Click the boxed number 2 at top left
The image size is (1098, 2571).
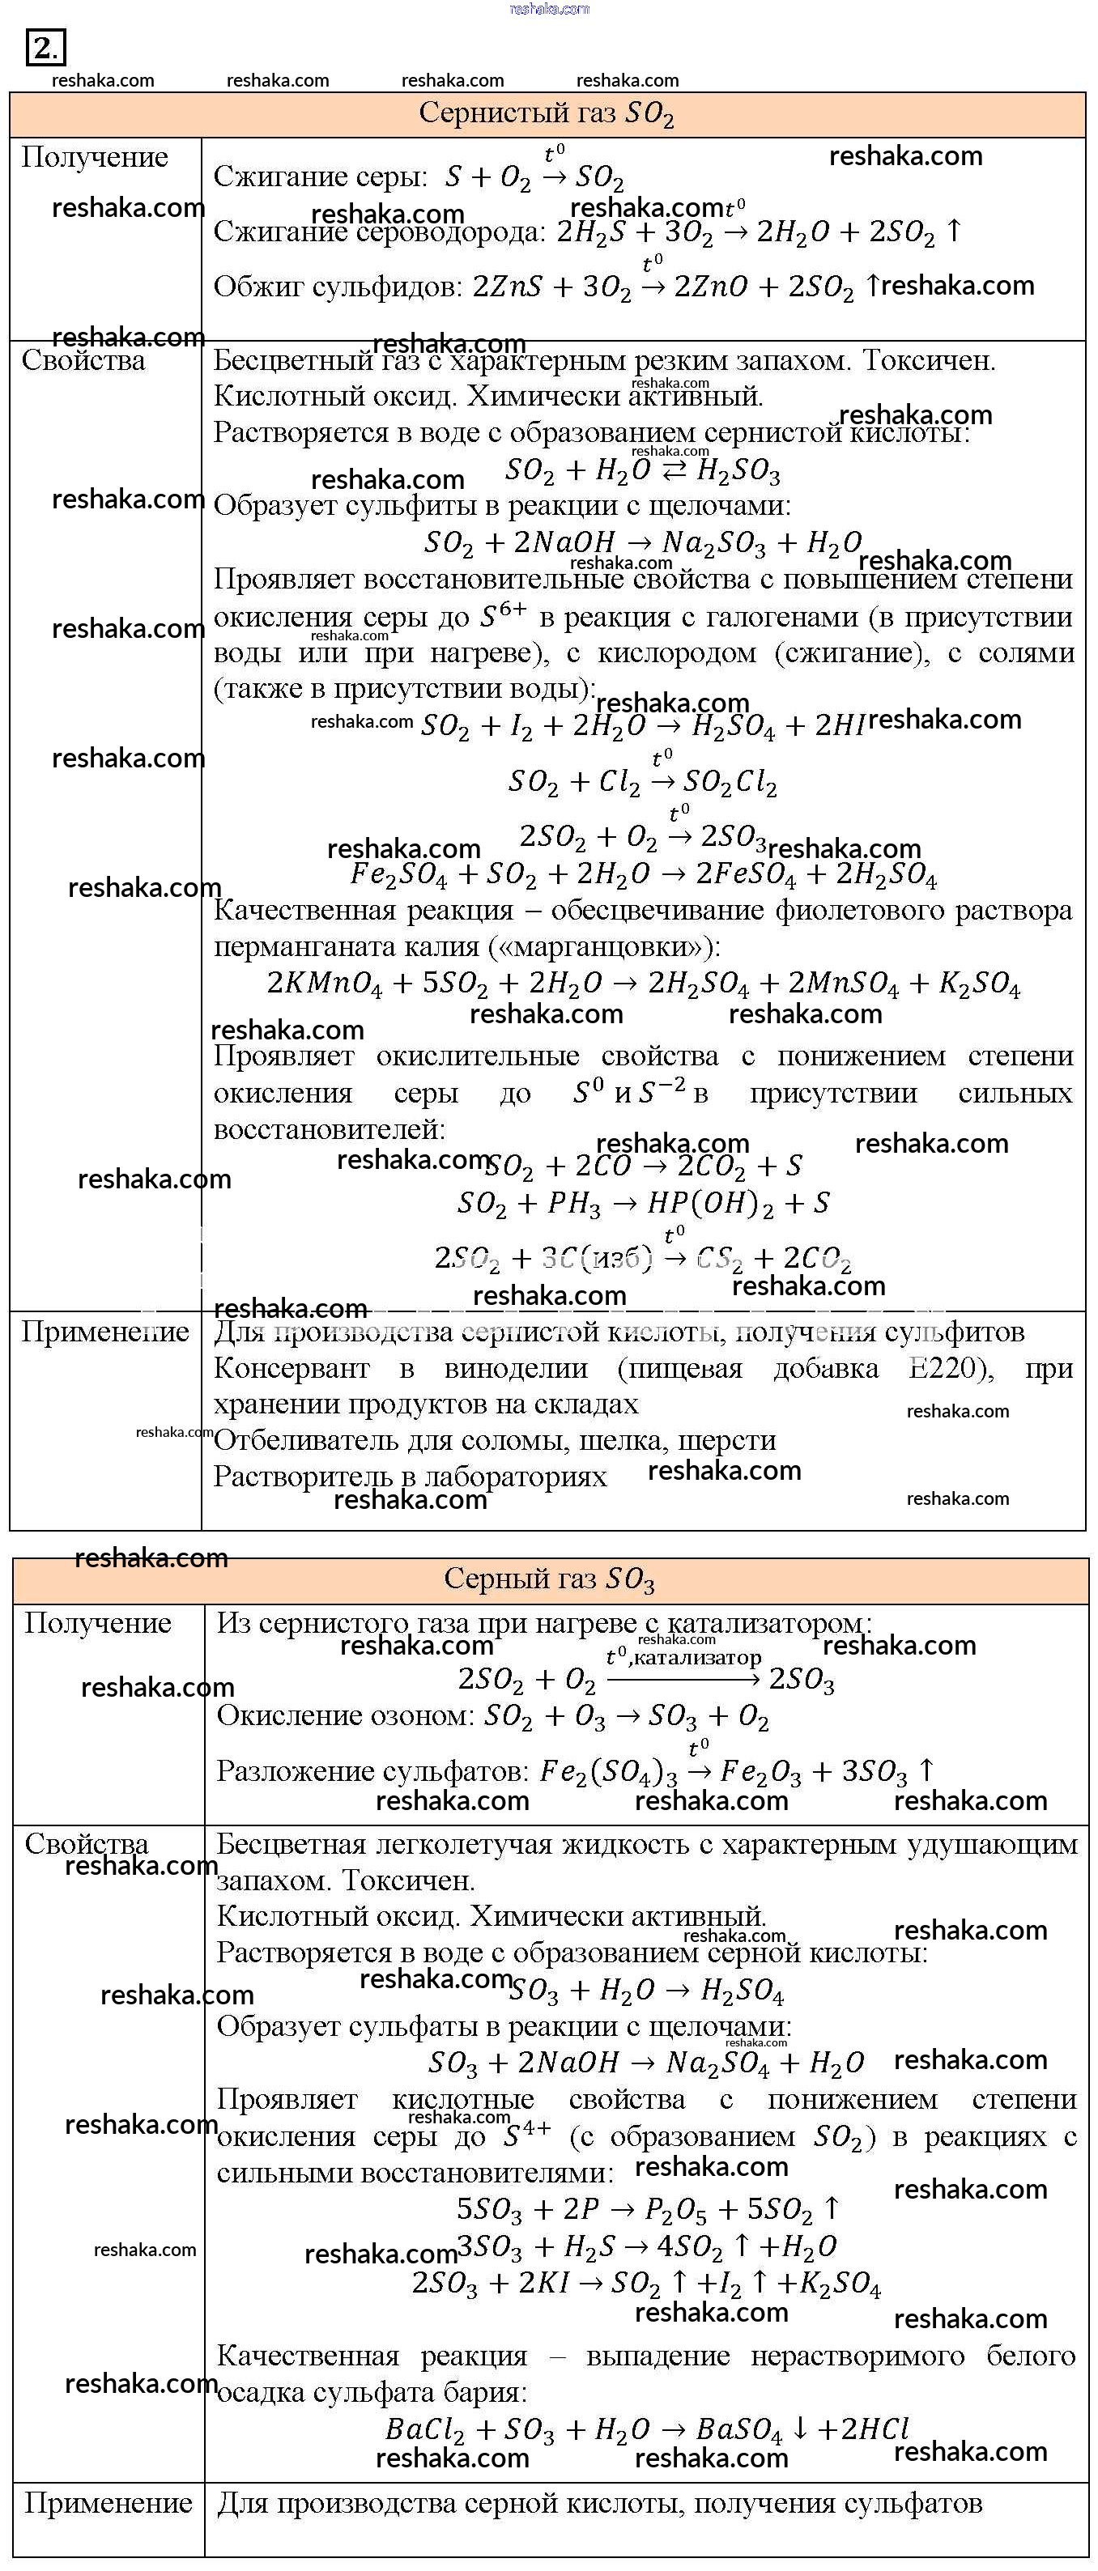point(45,48)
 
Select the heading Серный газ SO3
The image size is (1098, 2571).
point(549,1579)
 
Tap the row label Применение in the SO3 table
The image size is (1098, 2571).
point(108,2503)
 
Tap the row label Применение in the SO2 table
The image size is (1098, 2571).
point(104,1332)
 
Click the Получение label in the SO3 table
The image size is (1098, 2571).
point(98,1623)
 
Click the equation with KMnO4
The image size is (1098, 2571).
point(643,983)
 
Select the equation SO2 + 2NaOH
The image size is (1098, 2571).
point(642,542)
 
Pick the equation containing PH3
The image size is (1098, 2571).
point(643,1203)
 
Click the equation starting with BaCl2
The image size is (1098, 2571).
point(647,2429)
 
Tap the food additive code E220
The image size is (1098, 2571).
point(948,1367)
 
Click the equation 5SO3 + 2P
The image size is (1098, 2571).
point(648,2210)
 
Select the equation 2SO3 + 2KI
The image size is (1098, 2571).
point(646,2284)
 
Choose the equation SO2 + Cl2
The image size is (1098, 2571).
point(642,781)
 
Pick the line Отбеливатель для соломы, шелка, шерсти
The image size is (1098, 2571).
point(494,1440)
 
